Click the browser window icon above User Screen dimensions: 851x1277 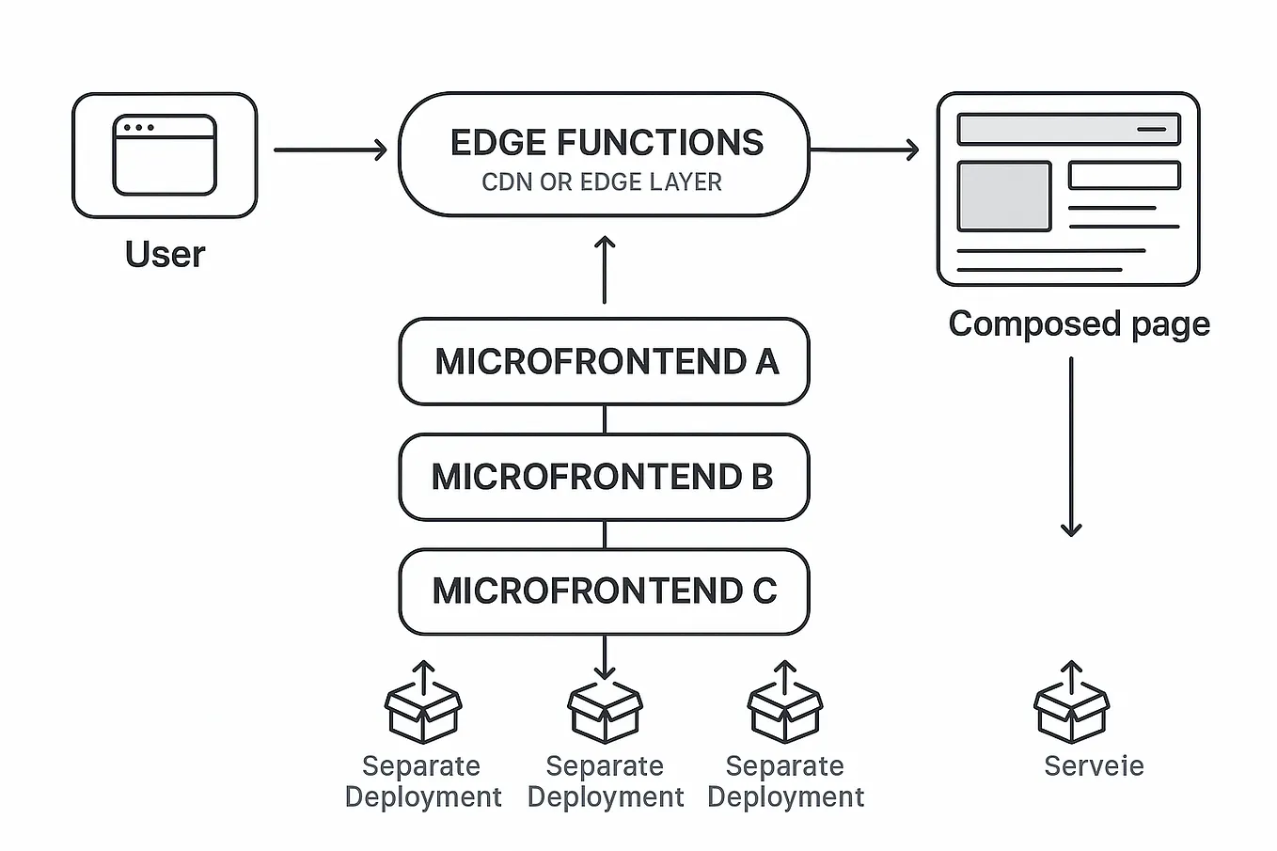coord(165,155)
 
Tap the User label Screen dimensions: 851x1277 coord(165,254)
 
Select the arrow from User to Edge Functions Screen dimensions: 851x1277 coord(329,150)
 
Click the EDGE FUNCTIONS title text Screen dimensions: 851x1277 coord(607,143)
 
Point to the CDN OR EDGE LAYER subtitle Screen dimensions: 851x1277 coord(602,182)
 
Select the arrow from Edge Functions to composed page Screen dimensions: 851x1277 coord(863,150)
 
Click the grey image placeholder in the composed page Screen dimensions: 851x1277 coord(1003,197)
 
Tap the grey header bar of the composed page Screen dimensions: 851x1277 coord(1068,129)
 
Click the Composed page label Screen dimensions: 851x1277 coord(1079,323)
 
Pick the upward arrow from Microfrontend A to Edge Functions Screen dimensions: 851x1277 coord(605,270)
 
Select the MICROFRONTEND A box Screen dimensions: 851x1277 coord(605,362)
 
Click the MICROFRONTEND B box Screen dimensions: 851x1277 coord(605,477)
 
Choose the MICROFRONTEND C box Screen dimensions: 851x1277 coord(605,591)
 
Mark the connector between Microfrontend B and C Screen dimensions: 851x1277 coord(605,534)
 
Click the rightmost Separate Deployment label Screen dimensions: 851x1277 coord(785,780)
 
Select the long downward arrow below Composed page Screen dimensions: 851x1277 coord(1071,447)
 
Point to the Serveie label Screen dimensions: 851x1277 coord(1094,765)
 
